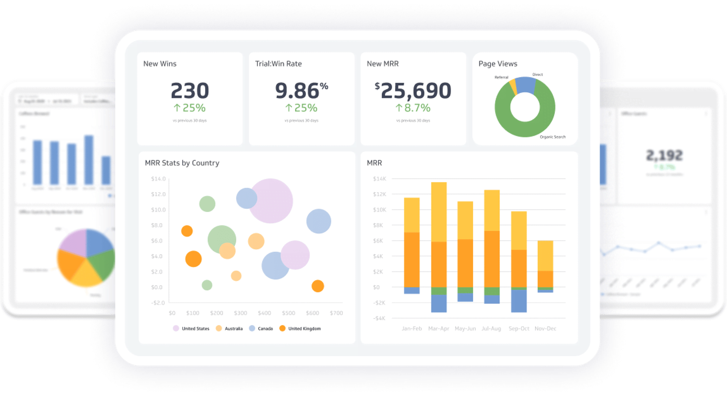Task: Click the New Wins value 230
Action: [190, 91]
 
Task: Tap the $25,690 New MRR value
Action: [413, 91]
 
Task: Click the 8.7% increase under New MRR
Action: [413, 108]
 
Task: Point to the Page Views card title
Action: [498, 64]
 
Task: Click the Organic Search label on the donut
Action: [552, 137]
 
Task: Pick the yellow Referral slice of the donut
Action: [513, 86]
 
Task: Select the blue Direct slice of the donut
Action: [526, 85]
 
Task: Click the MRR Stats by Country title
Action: [182, 163]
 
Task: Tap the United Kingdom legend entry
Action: [304, 329]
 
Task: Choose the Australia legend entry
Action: [233, 329]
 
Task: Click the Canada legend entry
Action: [265, 329]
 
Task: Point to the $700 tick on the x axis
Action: [336, 313]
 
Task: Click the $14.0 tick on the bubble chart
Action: [158, 179]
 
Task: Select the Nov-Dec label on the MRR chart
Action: [545, 329]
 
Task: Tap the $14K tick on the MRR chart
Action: [379, 179]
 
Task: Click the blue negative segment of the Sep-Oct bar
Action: [519, 301]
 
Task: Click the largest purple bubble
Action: [270, 201]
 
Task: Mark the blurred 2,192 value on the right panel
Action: [664, 155]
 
